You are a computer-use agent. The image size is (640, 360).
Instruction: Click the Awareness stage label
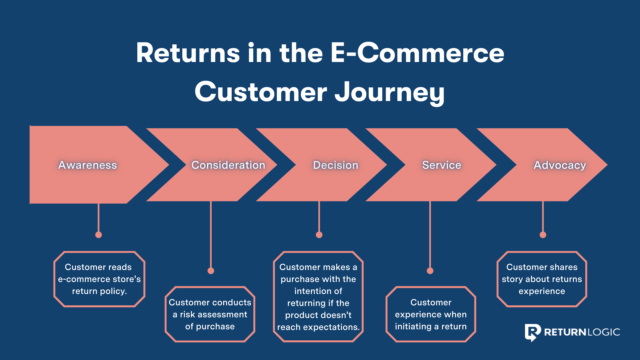tap(87, 165)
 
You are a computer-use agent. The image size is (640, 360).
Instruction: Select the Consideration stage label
tap(228, 165)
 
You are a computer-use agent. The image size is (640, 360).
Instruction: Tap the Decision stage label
tap(335, 165)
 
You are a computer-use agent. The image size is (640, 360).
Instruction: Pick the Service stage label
tap(441, 165)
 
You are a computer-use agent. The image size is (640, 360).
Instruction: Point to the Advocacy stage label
tap(559, 165)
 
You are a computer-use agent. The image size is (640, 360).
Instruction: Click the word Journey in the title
tap(389, 92)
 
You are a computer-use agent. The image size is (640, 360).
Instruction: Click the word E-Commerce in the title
tap(417, 53)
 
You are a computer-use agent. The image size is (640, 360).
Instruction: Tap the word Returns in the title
tap(188, 53)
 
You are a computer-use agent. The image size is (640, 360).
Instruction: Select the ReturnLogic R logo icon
tap(532, 332)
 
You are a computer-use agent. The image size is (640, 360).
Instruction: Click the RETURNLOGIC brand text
tap(582, 332)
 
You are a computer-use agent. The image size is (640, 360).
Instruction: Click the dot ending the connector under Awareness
tap(98, 235)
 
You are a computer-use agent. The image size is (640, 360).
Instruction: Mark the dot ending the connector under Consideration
tap(211, 271)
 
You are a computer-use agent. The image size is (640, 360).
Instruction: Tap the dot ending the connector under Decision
tap(319, 235)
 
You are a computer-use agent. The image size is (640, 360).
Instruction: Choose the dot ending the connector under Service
tap(430, 271)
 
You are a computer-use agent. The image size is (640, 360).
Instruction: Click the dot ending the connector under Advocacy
tap(543, 235)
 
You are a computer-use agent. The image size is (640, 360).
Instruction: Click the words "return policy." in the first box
tap(99, 291)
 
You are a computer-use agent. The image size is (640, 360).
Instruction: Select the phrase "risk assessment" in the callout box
tap(214, 314)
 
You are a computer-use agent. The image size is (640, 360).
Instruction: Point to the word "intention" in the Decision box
tap(318, 291)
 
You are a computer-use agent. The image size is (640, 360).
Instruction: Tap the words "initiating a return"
tap(431, 326)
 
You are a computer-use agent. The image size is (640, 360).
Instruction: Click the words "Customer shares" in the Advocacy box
tap(542, 267)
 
